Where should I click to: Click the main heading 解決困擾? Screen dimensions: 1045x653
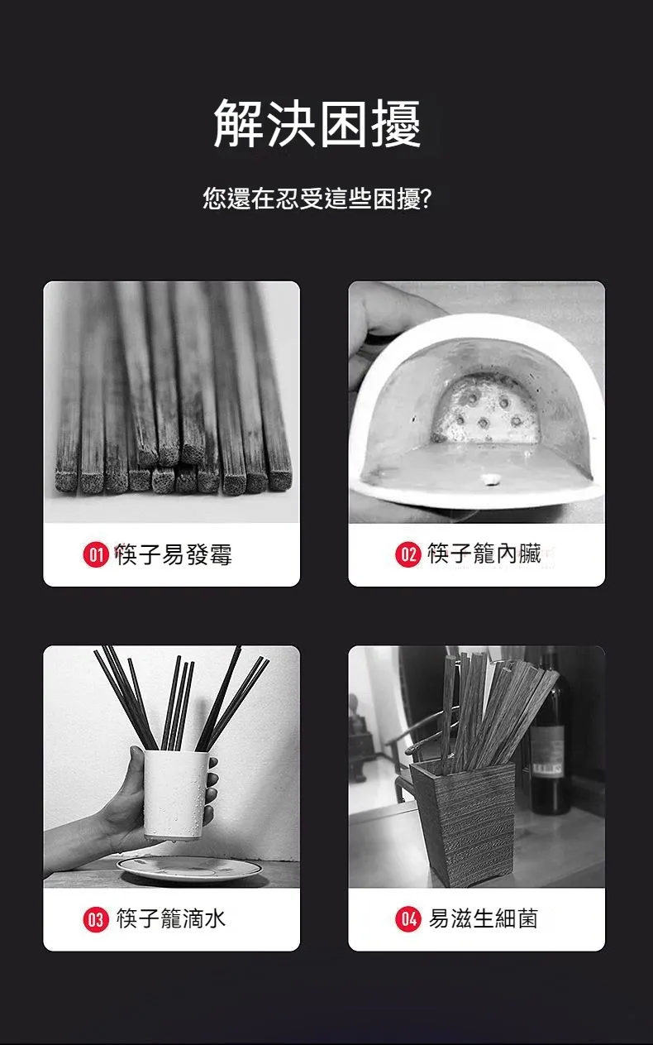tap(317, 124)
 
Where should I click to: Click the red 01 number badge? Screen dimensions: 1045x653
tap(96, 554)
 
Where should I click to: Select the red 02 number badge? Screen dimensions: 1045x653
tap(408, 554)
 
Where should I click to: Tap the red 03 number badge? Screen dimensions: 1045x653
tap(96, 918)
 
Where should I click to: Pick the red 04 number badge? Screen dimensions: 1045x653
tap(408, 918)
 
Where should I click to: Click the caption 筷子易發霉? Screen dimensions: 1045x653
tap(174, 554)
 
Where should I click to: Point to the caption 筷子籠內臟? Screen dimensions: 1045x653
tap(484, 554)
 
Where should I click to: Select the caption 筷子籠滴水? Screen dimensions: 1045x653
tap(171, 918)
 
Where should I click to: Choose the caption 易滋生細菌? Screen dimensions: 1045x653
tap(483, 918)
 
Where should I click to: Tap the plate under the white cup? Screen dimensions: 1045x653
tap(189, 869)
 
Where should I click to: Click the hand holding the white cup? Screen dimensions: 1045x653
tap(124, 807)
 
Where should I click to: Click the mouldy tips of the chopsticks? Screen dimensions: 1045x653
tap(174, 476)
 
